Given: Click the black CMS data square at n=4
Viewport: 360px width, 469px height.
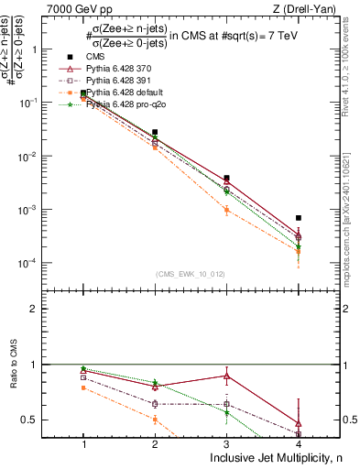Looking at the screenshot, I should (x=299, y=218).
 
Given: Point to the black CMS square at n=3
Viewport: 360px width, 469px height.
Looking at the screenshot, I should (x=227, y=178).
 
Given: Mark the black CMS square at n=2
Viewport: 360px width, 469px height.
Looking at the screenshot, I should (x=155, y=133).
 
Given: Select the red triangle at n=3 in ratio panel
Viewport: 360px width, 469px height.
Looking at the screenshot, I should (x=227, y=376).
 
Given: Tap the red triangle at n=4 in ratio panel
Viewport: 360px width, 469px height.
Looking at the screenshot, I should (x=299, y=423).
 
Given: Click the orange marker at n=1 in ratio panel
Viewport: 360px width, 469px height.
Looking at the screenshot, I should (x=83, y=387).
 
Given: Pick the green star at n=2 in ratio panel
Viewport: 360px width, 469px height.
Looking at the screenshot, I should (x=155, y=383).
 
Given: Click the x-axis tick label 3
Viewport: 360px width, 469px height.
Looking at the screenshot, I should (x=227, y=442).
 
